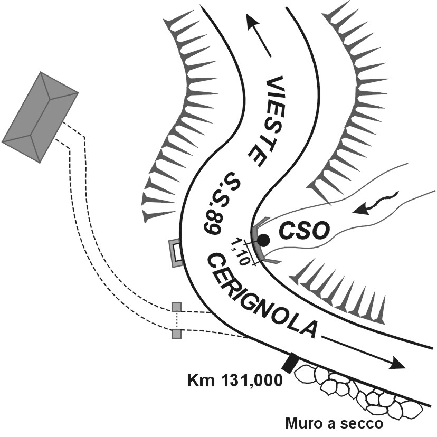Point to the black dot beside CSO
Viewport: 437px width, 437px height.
[x=263, y=241]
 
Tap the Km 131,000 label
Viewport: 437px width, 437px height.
[x=235, y=381]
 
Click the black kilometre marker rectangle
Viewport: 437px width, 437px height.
[x=289, y=364]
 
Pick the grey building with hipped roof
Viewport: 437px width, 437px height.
[x=40, y=116]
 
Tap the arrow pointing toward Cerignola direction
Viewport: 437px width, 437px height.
[x=364, y=350]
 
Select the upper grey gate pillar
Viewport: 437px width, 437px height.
[x=177, y=307]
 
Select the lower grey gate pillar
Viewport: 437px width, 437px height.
[x=177, y=333]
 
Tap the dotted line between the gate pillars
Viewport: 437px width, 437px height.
[x=177, y=320]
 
